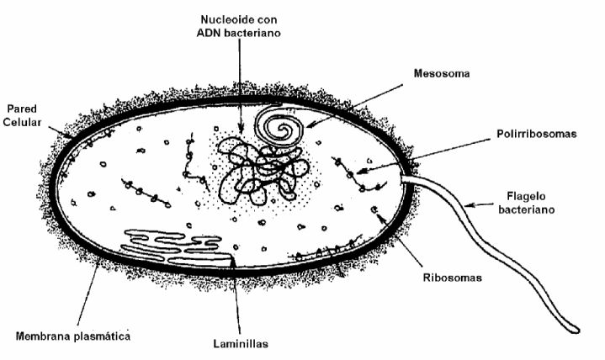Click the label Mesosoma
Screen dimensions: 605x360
(x=442, y=73)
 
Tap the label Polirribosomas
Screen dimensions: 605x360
(x=536, y=134)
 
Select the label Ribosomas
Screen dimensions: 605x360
(x=452, y=278)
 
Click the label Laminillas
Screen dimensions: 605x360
(x=241, y=344)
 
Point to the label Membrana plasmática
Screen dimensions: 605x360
(x=73, y=336)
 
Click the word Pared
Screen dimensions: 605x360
(x=22, y=109)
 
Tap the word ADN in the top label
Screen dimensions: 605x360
(x=210, y=33)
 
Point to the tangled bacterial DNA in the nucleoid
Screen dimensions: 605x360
(x=263, y=172)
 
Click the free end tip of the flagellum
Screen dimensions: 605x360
(x=577, y=331)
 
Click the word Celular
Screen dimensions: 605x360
(x=22, y=123)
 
